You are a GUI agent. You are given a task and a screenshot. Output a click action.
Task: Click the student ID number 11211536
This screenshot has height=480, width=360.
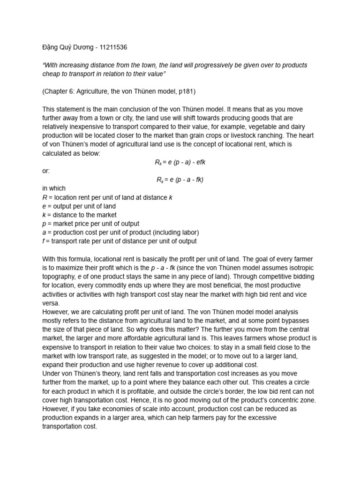point(111,47)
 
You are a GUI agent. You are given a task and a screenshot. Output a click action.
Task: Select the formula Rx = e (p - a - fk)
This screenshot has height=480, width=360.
point(180,180)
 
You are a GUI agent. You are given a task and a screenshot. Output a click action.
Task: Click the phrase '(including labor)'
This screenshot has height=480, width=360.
point(172,232)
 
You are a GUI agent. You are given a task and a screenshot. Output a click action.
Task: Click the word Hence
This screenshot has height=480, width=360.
point(174,400)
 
